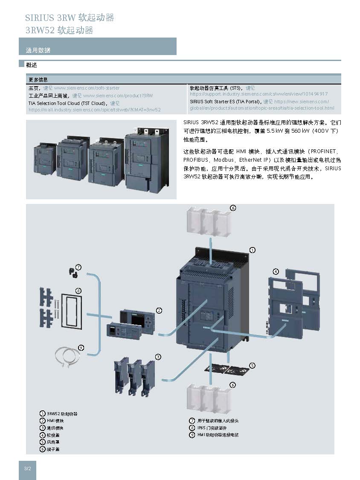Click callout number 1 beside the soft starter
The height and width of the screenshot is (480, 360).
pyautogui.click(x=252, y=250)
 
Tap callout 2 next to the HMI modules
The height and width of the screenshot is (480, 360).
pyautogui.click(x=159, y=310)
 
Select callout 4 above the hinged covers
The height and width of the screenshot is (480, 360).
pyautogui.click(x=276, y=271)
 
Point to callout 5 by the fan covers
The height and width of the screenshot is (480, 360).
pyautogui.click(x=252, y=365)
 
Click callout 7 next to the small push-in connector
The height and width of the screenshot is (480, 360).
pyautogui.click(x=78, y=267)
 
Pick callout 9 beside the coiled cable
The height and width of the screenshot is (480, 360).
pyautogui.click(x=81, y=347)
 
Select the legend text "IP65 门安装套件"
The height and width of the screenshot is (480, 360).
pyautogui.click(x=212, y=428)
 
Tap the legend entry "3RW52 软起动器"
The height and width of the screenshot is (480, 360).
pyautogui.click(x=62, y=414)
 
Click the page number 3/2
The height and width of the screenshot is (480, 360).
pyautogui.click(x=27, y=469)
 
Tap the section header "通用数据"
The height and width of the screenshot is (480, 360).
pyautogui.click(x=38, y=50)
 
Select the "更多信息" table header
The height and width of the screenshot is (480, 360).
pyautogui.click(x=38, y=79)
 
